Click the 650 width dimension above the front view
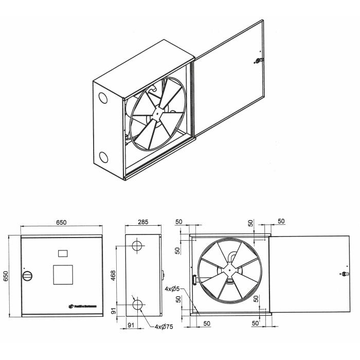[x=61, y=222]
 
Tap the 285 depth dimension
[x=143, y=222]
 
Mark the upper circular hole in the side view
[x=138, y=246]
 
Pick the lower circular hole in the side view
[x=138, y=305]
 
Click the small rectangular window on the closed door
[x=63, y=253]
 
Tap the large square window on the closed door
[x=64, y=274]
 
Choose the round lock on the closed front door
[x=27, y=275]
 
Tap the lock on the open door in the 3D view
[x=258, y=61]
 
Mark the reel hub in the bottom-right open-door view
[x=227, y=271]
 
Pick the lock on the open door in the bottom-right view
[x=344, y=274]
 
